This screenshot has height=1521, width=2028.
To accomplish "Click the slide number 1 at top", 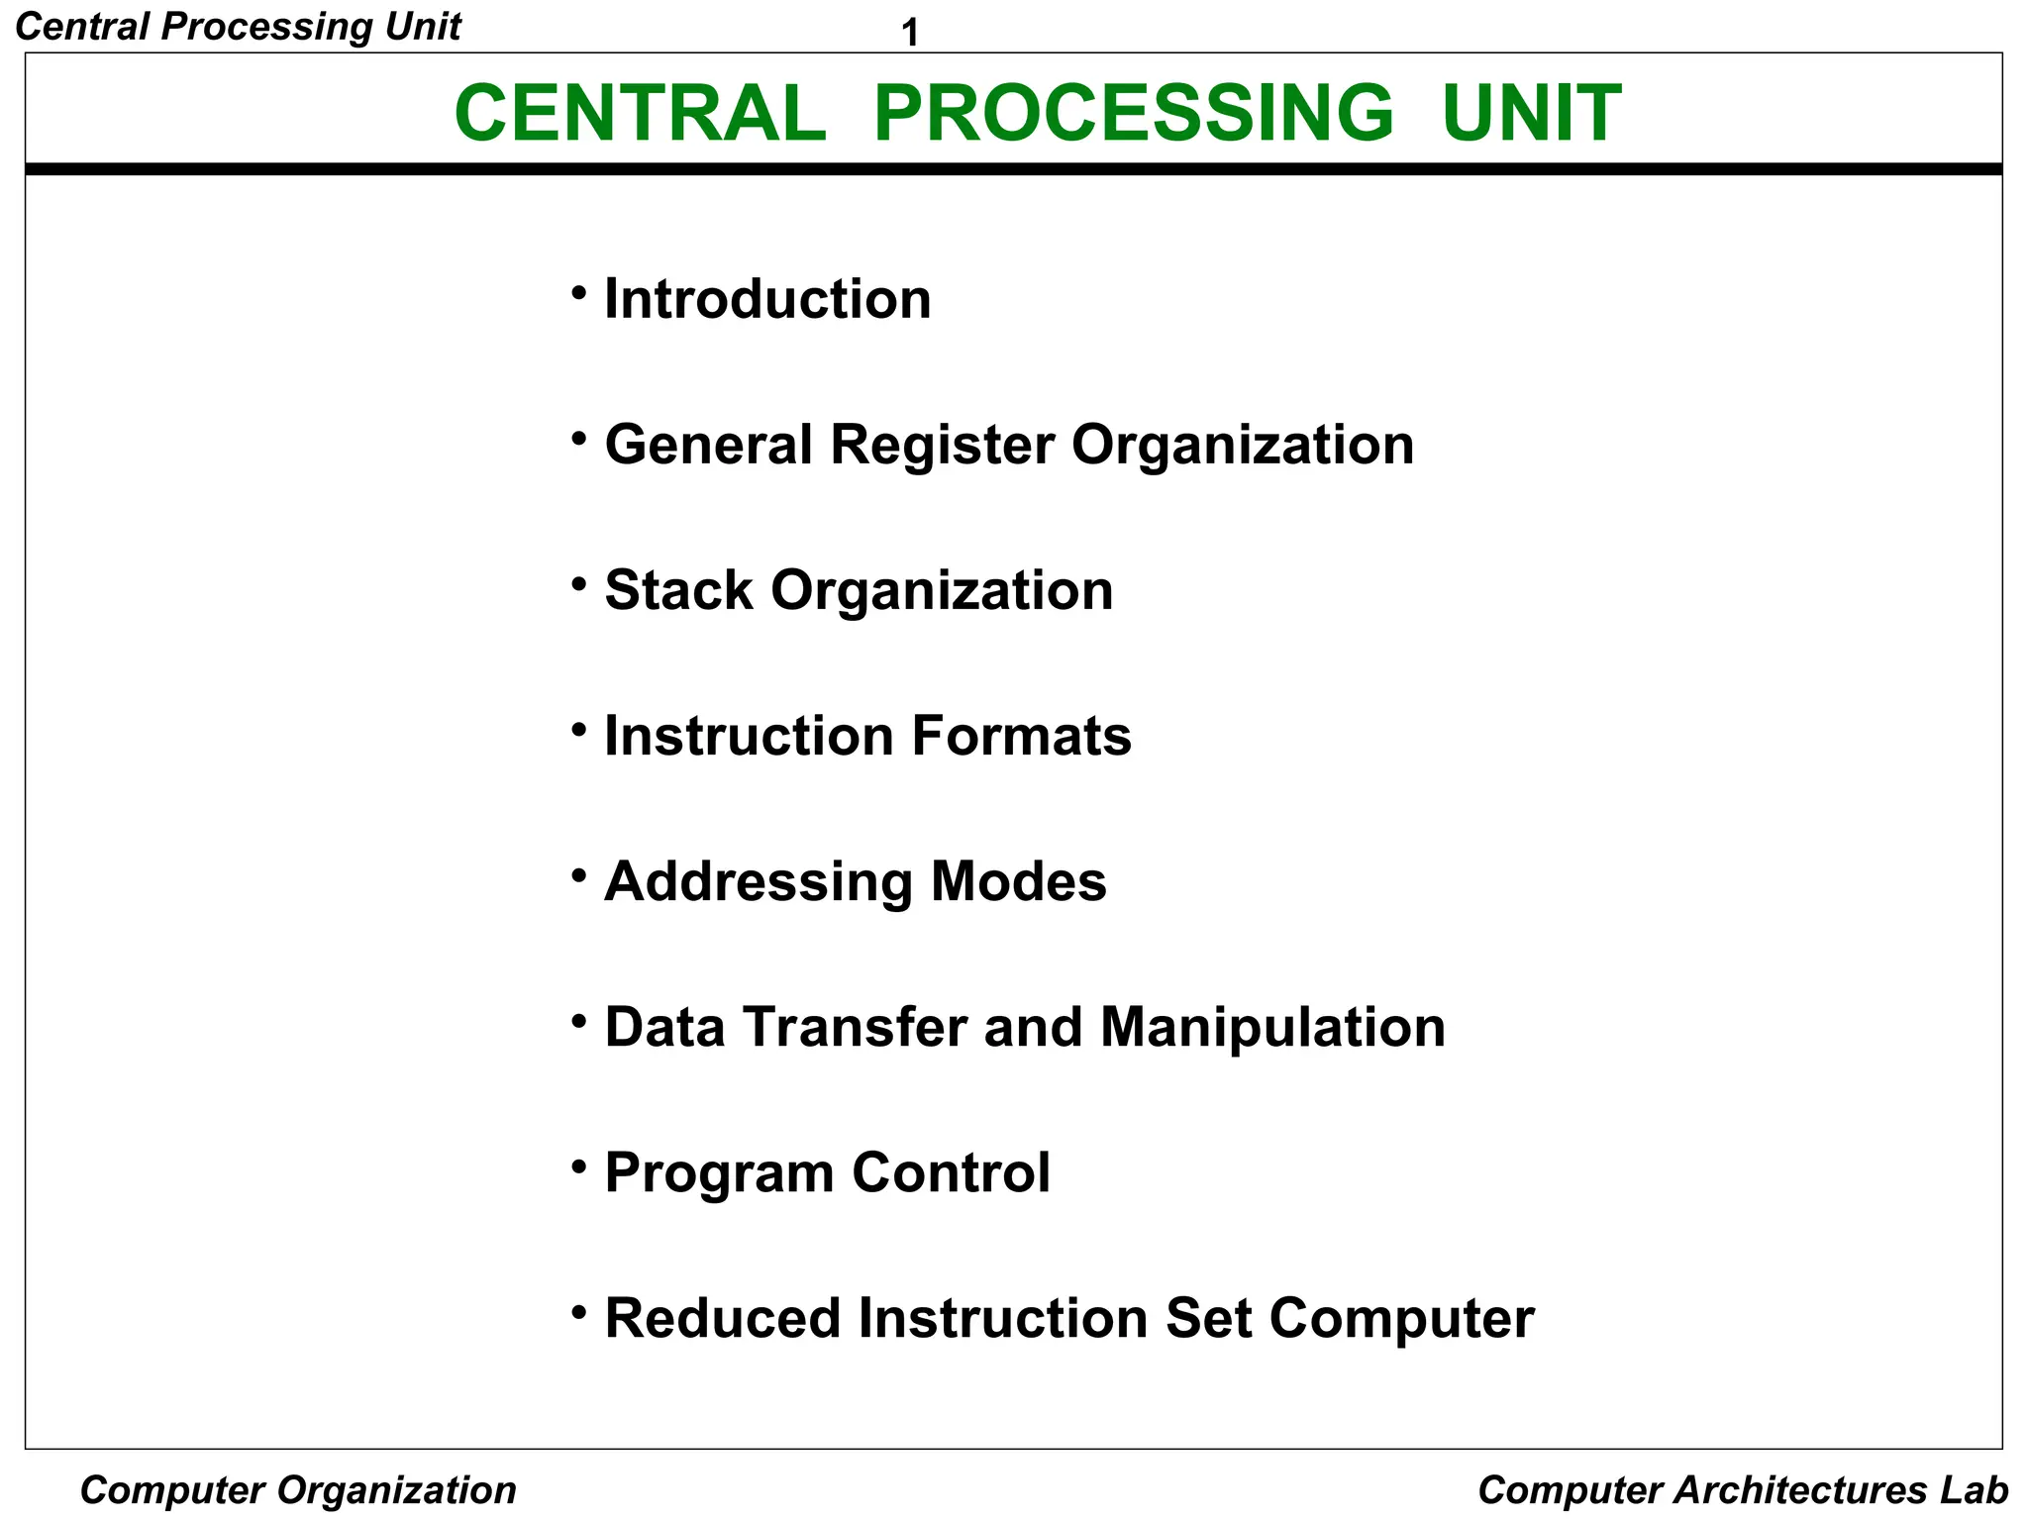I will (910, 35).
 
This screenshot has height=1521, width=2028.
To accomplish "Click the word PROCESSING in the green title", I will (1133, 113).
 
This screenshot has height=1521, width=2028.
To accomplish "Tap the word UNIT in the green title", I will (1531, 113).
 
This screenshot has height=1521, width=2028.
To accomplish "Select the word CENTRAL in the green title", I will (640, 113).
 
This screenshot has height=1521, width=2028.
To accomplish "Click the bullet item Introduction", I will (767, 299).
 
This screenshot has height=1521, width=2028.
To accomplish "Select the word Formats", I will (1021, 736).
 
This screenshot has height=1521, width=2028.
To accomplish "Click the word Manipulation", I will (1272, 1027).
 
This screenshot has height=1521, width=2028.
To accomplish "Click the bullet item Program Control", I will (827, 1173).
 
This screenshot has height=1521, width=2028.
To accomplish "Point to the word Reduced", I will (722, 1319).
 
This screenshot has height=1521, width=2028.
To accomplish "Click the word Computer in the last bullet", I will (1401, 1319).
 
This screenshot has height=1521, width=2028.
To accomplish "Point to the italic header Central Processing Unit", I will (239, 27).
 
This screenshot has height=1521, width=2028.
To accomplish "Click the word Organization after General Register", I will (1243, 445).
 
